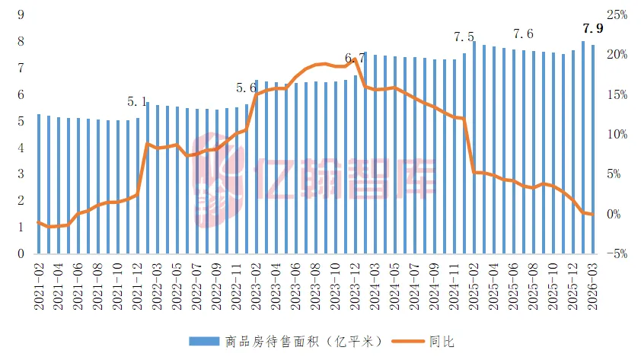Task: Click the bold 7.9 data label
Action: pos(592,30)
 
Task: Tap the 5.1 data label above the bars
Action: pos(137,101)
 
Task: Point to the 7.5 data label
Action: pos(464,37)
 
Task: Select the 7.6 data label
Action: pos(524,34)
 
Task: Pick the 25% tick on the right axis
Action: pos(617,15)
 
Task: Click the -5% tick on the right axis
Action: pos(617,253)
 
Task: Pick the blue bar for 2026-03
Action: pos(592,148)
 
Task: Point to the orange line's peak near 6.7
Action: pos(355,59)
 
